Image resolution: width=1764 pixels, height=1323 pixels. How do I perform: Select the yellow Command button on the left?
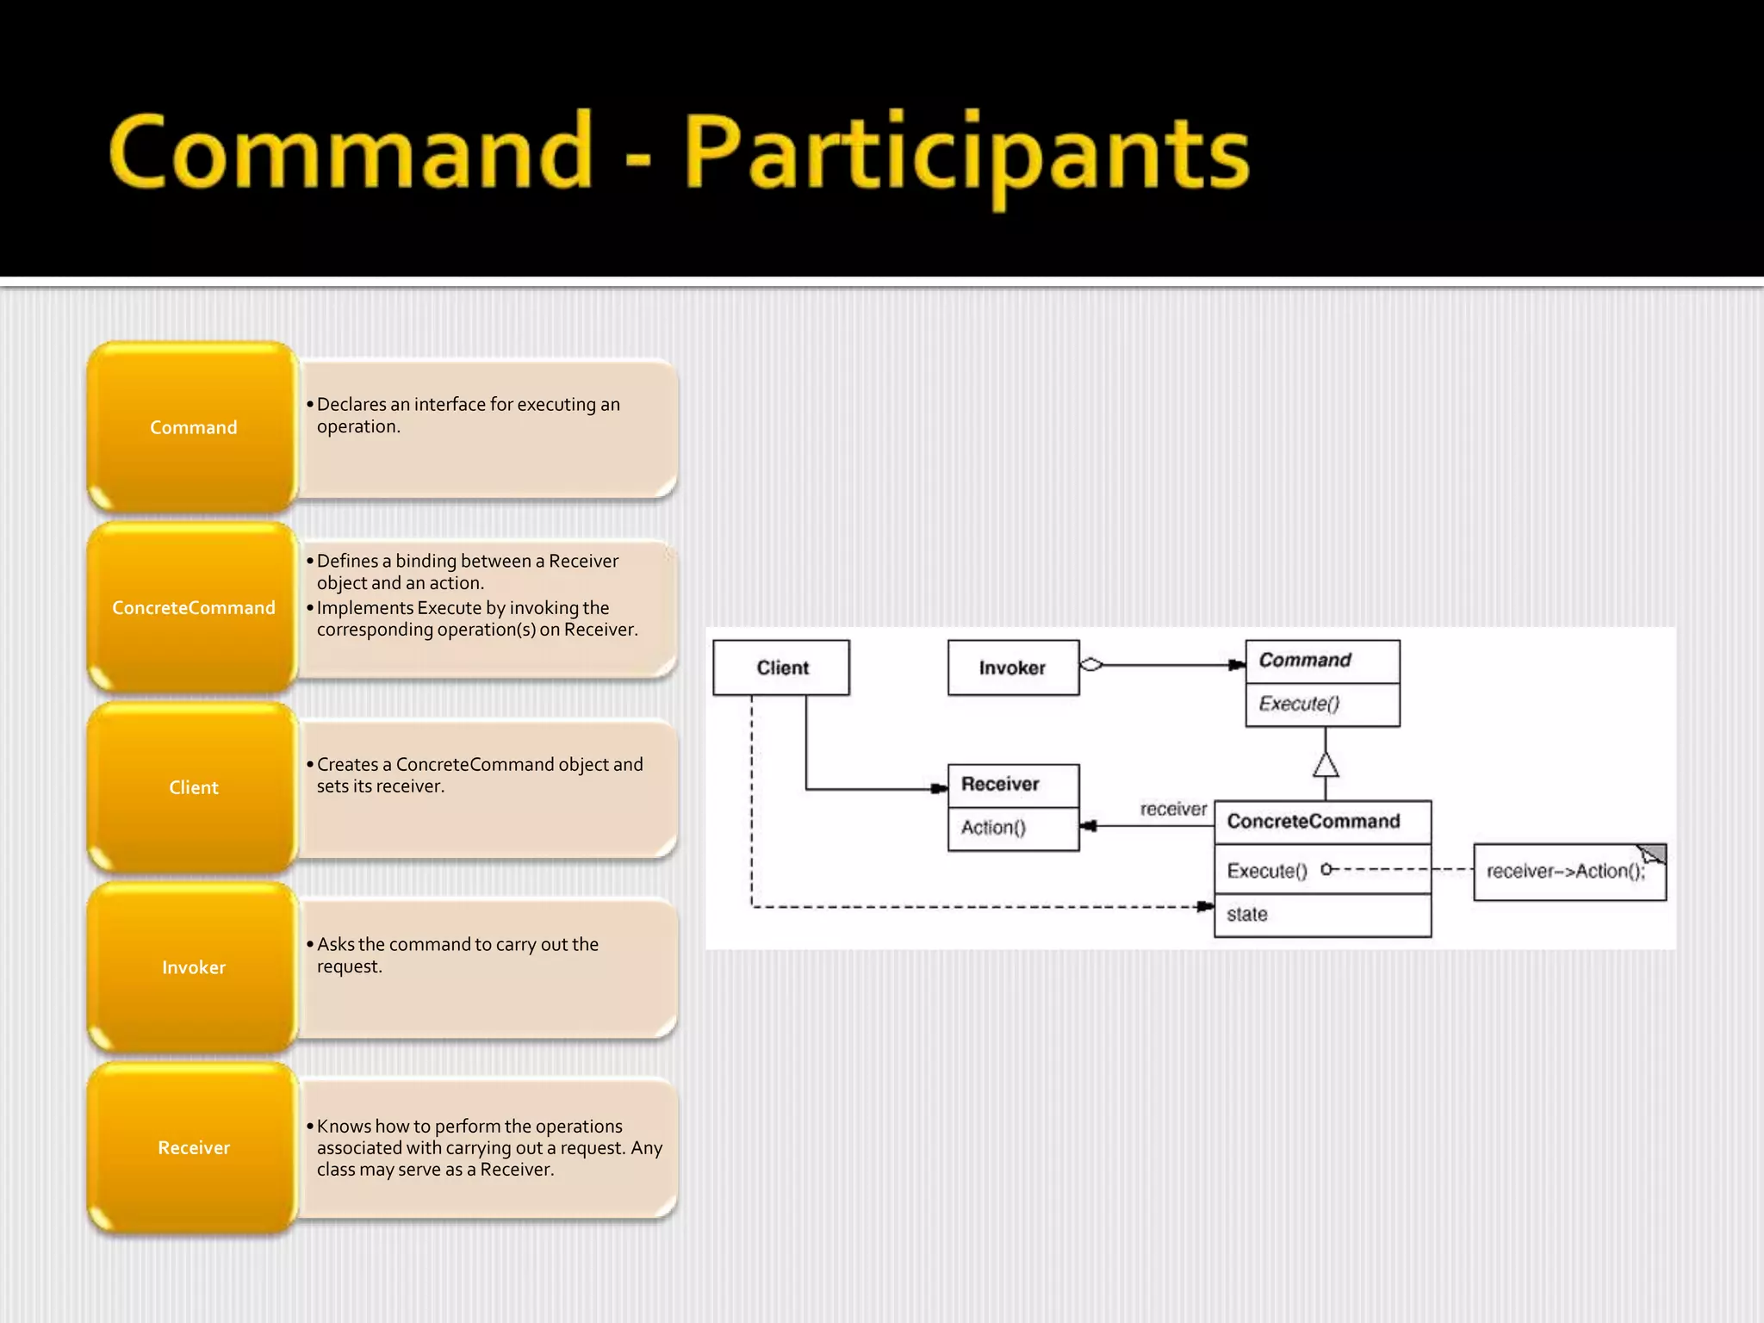tap(193, 427)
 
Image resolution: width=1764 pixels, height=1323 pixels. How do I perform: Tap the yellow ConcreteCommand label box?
tap(193, 607)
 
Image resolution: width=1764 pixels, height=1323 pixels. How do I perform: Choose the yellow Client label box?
tap(193, 787)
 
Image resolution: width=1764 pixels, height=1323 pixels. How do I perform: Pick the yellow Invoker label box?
tap(193, 967)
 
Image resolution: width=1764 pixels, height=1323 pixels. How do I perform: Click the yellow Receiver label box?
tap(193, 1147)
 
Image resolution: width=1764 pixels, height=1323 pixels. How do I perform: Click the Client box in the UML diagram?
tap(781, 668)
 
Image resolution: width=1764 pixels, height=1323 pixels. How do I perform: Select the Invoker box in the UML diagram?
tap(1013, 668)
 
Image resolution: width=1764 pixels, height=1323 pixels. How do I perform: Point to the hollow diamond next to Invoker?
tap(1091, 664)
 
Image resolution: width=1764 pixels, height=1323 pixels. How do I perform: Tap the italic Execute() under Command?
tap(1299, 704)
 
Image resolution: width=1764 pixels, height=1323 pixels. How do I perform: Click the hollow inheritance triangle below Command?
tap(1326, 765)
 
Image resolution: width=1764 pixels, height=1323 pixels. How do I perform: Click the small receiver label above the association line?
tap(1173, 809)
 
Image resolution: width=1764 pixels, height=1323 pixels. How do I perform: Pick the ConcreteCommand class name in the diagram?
tap(1314, 821)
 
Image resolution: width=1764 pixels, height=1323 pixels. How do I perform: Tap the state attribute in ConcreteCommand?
tap(1247, 914)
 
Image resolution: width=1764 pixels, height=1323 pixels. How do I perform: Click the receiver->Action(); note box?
tap(1565, 871)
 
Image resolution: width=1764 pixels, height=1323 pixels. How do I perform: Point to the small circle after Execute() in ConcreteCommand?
tap(1326, 869)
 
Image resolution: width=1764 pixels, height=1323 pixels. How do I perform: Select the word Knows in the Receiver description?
tap(343, 1126)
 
